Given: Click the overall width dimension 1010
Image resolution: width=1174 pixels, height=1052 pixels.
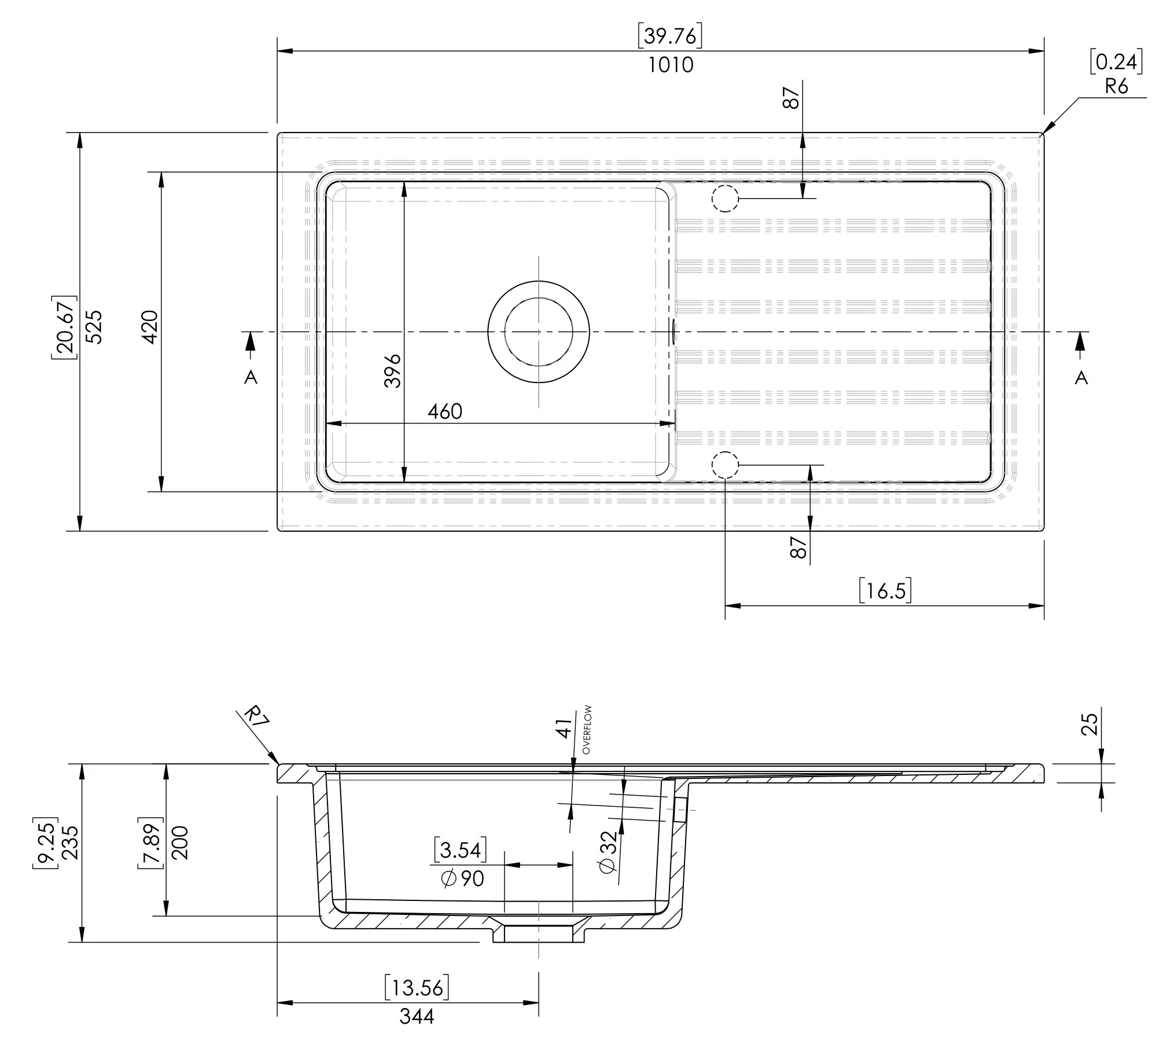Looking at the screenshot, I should click(x=670, y=65).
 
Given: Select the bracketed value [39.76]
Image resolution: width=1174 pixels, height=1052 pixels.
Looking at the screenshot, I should click(x=670, y=36).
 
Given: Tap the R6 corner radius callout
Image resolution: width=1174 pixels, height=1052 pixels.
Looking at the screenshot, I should click(x=1116, y=87).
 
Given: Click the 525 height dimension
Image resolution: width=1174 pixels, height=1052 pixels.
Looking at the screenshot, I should click(x=94, y=328).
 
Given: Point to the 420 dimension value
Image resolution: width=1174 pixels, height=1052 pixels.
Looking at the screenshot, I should click(x=150, y=328).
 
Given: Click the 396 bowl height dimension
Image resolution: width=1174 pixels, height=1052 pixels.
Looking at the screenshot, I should click(x=392, y=371).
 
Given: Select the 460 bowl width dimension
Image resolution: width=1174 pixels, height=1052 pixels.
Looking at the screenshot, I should click(x=444, y=411).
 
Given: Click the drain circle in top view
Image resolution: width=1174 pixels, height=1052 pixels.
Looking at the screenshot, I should click(x=539, y=332).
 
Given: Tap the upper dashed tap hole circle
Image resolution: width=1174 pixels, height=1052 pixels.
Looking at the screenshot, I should click(x=725, y=198).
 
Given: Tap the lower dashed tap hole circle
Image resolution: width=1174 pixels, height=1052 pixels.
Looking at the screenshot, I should click(x=725, y=465).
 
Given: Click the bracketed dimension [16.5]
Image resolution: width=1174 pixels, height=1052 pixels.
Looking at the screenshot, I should click(x=885, y=591).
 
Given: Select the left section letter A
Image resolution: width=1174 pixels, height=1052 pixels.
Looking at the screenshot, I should click(x=251, y=377).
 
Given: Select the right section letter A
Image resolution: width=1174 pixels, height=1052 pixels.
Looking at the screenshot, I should click(x=1081, y=378).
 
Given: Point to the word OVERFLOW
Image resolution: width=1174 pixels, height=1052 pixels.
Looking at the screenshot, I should click(x=587, y=729).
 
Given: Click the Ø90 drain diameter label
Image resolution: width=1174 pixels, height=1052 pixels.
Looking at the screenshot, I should click(x=463, y=878).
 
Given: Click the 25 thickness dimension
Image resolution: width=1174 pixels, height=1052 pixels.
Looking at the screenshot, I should click(x=1089, y=724).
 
